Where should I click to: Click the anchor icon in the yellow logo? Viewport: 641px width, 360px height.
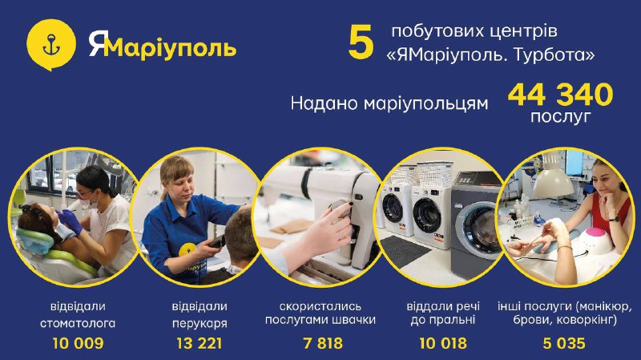(51, 45)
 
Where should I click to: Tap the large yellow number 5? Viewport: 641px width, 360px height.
(361, 42)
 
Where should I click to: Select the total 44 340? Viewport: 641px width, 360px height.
(560, 95)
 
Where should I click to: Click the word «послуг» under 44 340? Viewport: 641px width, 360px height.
(560, 117)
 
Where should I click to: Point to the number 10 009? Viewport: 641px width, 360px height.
(78, 343)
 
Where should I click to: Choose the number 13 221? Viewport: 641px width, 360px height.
(200, 343)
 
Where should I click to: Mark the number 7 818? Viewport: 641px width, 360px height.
(323, 343)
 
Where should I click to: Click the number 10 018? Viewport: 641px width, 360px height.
(443, 343)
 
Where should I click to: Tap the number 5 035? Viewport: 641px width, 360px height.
(564, 343)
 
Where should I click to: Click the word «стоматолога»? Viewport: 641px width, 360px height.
(78, 323)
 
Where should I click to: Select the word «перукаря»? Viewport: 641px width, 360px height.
(200, 324)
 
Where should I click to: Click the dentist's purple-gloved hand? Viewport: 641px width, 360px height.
(71, 221)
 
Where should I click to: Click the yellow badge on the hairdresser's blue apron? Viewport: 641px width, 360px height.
(188, 249)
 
